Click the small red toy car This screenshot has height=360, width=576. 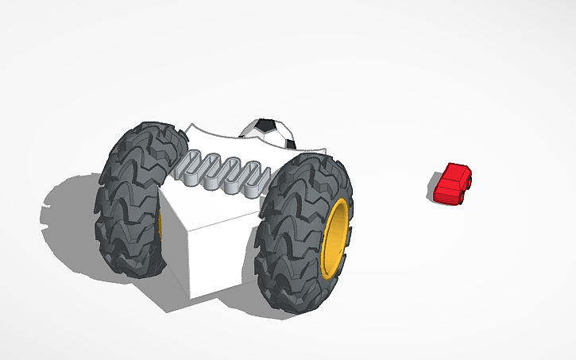pos(453,184)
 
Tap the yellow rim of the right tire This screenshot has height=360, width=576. pos(337,238)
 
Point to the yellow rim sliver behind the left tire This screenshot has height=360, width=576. pos(160,227)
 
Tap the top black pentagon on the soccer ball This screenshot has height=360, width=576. pos(265,124)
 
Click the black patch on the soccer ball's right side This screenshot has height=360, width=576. pos(290,143)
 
